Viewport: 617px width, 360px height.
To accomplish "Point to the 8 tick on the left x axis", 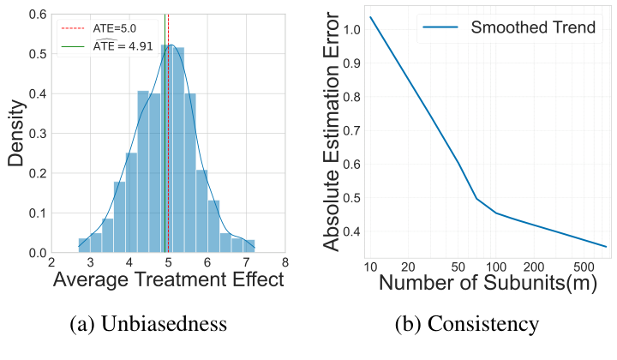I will pyautogui.click(x=284, y=262).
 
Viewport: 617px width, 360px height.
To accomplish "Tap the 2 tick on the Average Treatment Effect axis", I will pyautogui.click(x=51, y=262).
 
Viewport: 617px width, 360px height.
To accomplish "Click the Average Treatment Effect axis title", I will pyautogui.click(x=168, y=280).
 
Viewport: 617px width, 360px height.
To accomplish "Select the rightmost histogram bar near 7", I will pyautogui.click(x=249, y=246).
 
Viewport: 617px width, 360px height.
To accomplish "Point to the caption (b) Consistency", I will pyautogui.click(x=466, y=323).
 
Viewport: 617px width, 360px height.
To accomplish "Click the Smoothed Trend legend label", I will pyautogui.click(x=533, y=27).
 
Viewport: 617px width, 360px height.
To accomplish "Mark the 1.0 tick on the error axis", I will pyautogui.click(x=351, y=30).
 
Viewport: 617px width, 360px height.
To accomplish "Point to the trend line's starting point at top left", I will pyautogui.click(x=371, y=17).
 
